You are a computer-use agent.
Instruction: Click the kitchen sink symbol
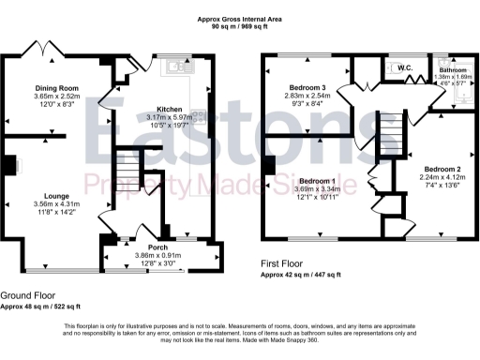(176, 66)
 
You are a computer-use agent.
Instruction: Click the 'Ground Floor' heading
(29, 294)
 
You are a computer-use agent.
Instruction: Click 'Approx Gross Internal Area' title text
(238, 18)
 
